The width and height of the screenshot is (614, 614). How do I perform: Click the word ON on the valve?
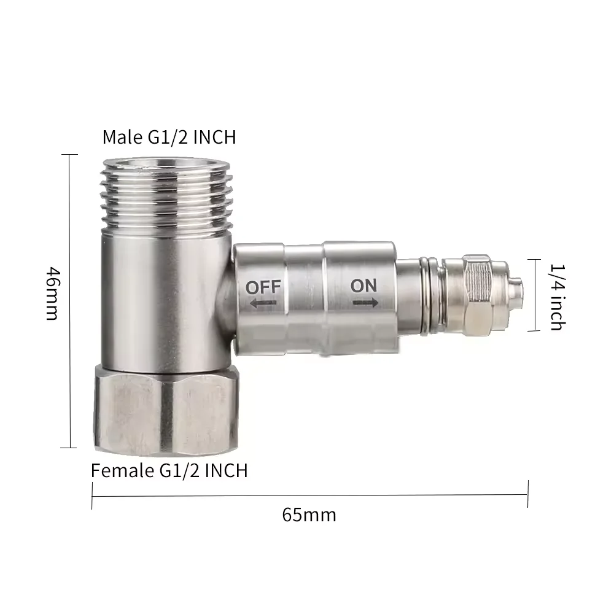[x=363, y=286]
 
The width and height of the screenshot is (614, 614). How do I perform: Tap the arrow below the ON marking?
[x=365, y=302]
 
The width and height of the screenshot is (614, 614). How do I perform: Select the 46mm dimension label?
[x=53, y=293]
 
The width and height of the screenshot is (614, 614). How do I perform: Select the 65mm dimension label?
[x=309, y=515]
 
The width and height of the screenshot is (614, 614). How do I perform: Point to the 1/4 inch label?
[x=558, y=297]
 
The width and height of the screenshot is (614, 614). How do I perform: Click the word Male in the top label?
[x=123, y=137]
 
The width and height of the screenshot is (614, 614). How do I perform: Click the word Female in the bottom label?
[x=123, y=470]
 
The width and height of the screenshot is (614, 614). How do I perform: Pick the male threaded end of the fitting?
[x=166, y=195]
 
